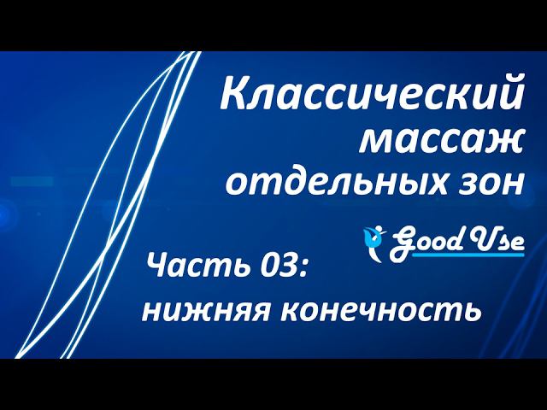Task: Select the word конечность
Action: click(x=382, y=309)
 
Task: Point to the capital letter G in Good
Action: click(x=402, y=242)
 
